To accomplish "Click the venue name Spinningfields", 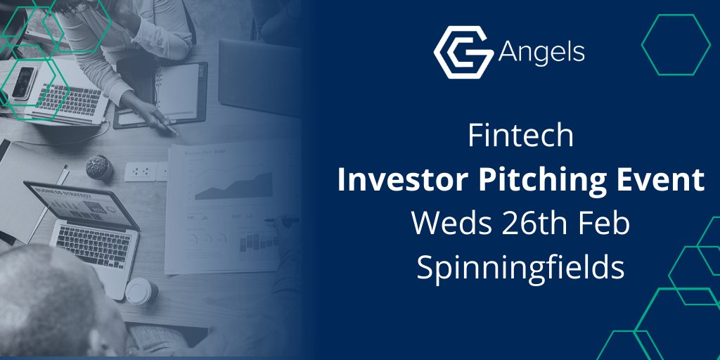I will [520, 267].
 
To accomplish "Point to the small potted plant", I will [99, 167].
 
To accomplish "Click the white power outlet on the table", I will [140, 171].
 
